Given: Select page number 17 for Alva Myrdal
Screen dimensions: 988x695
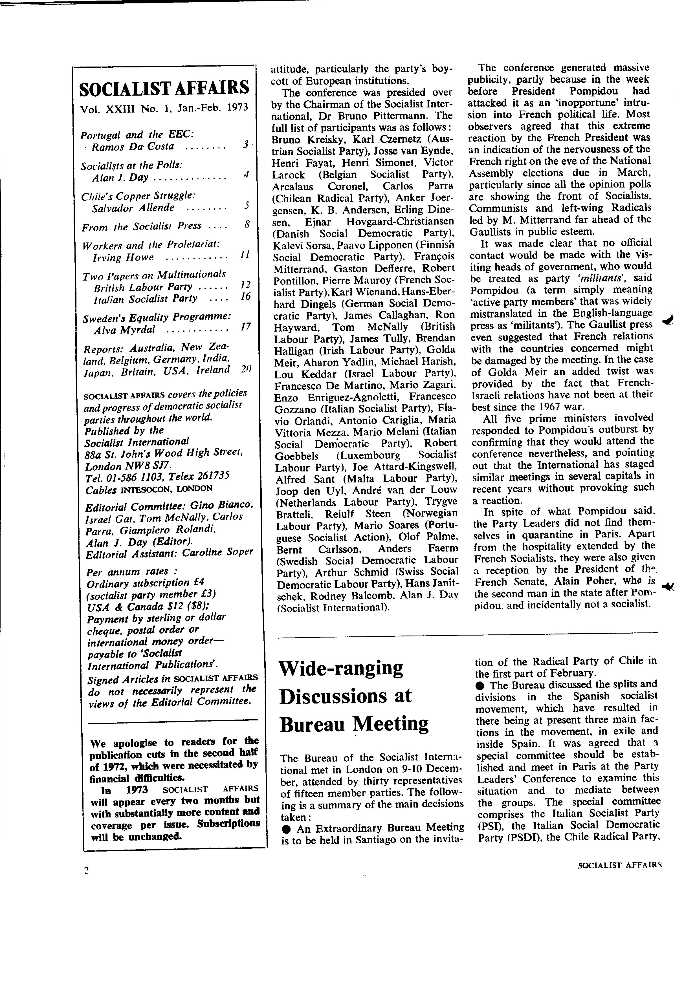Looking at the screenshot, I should (x=246, y=327).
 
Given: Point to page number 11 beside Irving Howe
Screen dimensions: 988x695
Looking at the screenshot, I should (x=245, y=255).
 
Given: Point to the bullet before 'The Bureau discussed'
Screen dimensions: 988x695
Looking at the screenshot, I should (x=480, y=685).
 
